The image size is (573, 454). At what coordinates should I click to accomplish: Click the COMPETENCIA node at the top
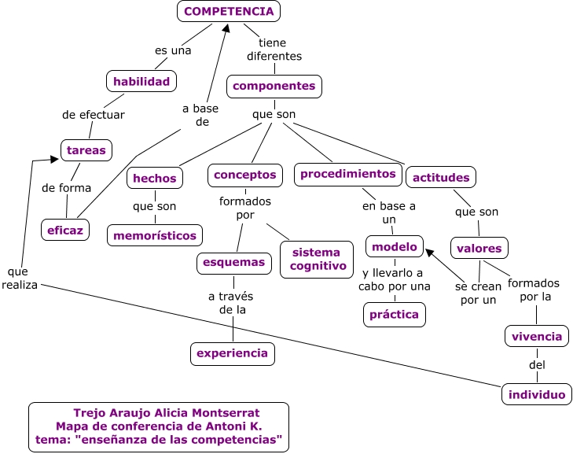pyautogui.click(x=229, y=11)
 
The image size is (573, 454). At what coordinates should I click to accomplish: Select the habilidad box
pyautogui.click(x=141, y=81)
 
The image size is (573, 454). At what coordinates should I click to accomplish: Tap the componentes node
pyautogui.click(x=274, y=86)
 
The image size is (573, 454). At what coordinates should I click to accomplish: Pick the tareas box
pyautogui.click(x=86, y=149)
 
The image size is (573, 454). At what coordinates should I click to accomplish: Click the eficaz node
pyautogui.click(x=65, y=229)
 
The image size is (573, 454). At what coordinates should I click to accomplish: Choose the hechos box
pyautogui.click(x=155, y=178)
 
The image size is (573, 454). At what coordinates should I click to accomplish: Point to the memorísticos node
pyautogui.click(x=155, y=234)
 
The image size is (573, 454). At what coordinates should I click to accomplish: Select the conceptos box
pyautogui.click(x=244, y=175)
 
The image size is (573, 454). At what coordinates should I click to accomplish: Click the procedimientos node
pyautogui.click(x=348, y=174)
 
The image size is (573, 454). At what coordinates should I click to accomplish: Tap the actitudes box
pyautogui.click(x=441, y=177)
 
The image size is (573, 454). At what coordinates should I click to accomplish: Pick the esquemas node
pyautogui.click(x=234, y=263)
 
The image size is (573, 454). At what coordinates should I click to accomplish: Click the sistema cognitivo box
pyautogui.click(x=317, y=259)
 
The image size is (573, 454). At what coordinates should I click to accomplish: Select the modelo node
pyautogui.click(x=395, y=246)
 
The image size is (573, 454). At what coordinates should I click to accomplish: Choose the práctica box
pyautogui.click(x=395, y=315)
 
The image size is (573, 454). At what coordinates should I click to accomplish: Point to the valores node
pyautogui.click(x=479, y=248)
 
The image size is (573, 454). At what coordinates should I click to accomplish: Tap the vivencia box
pyautogui.click(x=537, y=336)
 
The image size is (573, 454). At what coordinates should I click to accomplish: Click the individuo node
pyautogui.click(x=537, y=394)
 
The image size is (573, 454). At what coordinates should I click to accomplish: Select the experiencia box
pyautogui.click(x=233, y=353)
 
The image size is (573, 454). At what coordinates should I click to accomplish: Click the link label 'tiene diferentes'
pyautogui.click(x=274, y=50)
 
